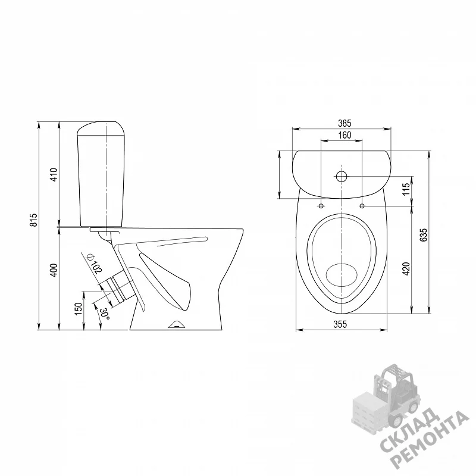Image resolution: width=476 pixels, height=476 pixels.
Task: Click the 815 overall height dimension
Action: (x=34, y=220)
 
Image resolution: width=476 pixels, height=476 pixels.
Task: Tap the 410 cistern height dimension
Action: (x=54, y=174)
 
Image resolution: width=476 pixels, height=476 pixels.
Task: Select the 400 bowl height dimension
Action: (x=54, y=270)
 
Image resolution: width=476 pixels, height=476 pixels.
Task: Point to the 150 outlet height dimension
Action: (x=79, y=309)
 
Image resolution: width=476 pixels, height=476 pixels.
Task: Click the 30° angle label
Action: (x=105, y=314)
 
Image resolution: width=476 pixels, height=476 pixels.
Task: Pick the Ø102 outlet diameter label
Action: (x=95, y=264)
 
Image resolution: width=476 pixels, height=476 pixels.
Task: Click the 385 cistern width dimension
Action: (x=345, y=123)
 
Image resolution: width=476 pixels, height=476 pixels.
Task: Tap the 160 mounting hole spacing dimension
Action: (x=345, y=135)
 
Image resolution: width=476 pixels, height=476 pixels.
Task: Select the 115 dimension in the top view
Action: (x=406, y=189)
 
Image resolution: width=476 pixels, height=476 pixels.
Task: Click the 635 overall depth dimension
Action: (x=423, y=234)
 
